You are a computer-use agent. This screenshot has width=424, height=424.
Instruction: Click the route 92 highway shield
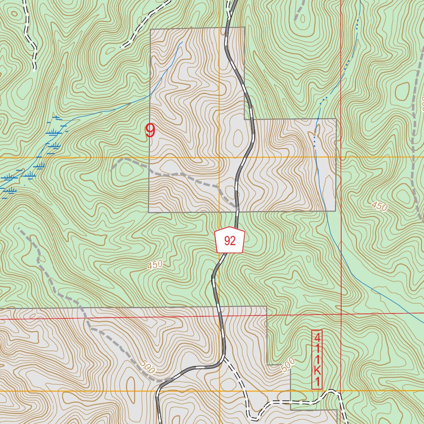(x=230, y=240)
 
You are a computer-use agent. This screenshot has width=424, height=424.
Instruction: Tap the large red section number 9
(x=150, y=131)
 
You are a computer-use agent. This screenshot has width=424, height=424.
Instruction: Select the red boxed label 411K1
(x=317, y=359)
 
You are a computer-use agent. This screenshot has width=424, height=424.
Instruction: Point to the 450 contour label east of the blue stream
(x=379, y=206)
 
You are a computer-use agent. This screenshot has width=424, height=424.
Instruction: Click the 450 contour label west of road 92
(x=155, y=265)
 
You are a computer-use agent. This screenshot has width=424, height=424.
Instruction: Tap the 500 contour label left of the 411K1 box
(x=288, y=364)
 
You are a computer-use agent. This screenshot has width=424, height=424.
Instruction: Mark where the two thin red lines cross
(x=341, y=314)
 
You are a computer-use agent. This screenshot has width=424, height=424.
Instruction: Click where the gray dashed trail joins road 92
(x=237, y=207)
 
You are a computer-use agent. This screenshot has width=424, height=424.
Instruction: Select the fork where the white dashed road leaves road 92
(x=224, y=357)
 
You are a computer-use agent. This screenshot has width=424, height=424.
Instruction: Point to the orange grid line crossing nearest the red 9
(x=219, y=157)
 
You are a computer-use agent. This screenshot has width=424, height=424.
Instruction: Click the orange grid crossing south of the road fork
(x=219, y=390)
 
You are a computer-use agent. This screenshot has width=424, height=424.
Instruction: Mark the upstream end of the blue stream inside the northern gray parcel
(x=182, y=42)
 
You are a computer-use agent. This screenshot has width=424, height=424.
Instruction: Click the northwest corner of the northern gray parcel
(x=150, y=29)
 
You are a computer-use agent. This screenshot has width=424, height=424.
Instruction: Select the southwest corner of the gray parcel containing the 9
(x=149, y=212)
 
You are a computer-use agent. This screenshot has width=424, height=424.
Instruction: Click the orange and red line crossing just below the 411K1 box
(x=340, y=390)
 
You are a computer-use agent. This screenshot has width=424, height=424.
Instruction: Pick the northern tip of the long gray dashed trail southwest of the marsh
(x=19, y=228)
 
